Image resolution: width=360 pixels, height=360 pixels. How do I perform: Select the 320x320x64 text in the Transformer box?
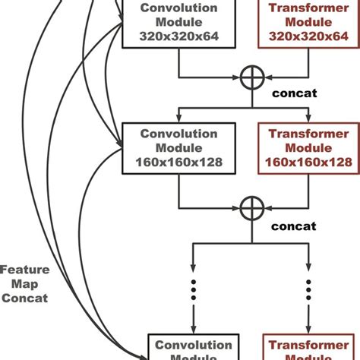pyautogui.click(x=308, y=36)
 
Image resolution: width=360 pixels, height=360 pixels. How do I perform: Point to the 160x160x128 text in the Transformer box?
pyautogui.click(x=308, y=162)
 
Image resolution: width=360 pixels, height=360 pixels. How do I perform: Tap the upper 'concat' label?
pyautogui.click(x=293, y=94)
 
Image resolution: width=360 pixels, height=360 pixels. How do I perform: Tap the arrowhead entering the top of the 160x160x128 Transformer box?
pyautogui.click(x=308, y=118)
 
